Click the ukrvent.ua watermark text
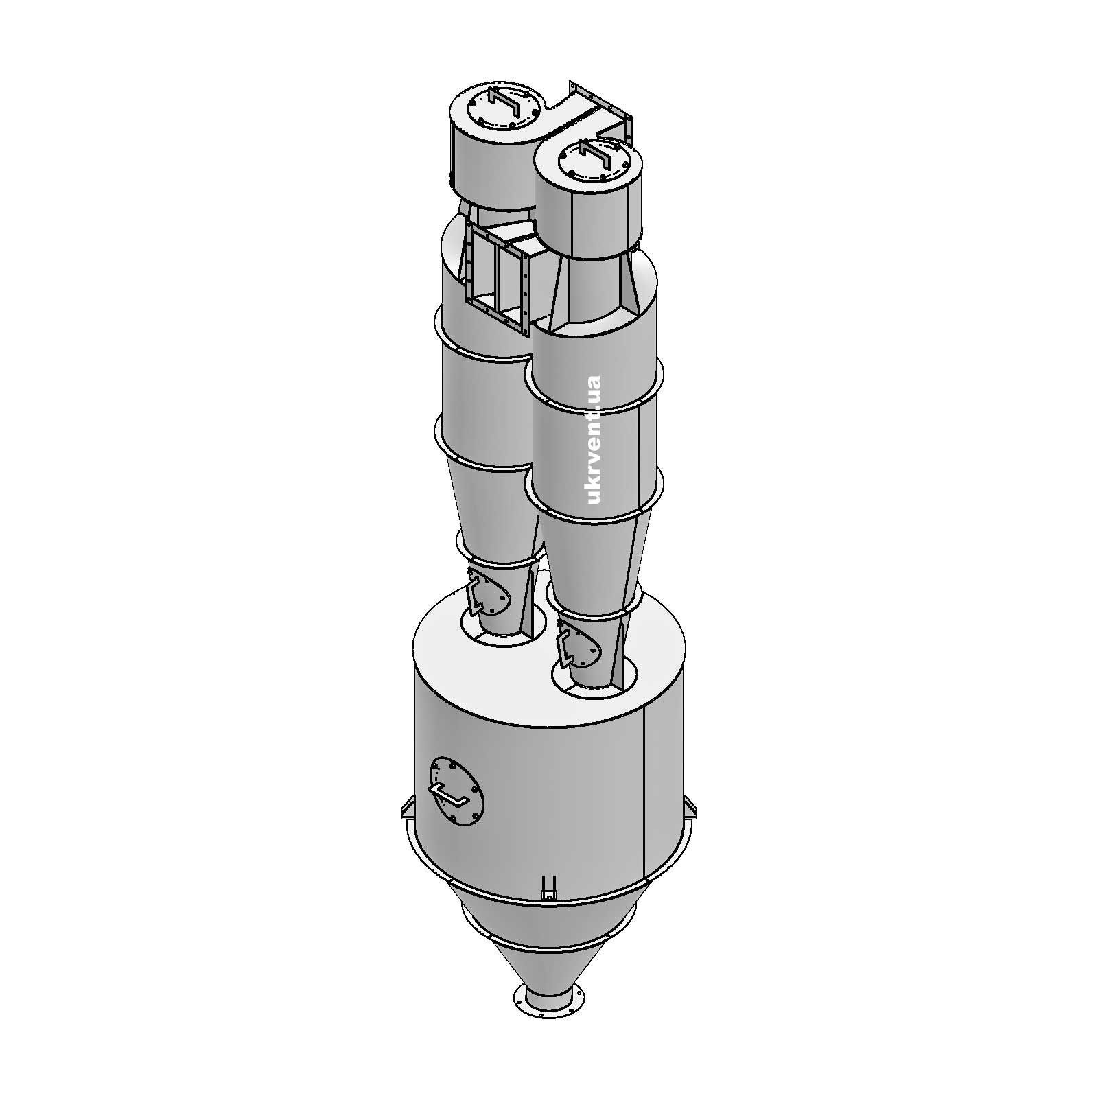594,439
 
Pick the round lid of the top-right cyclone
595,160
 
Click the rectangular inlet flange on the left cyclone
495,277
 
